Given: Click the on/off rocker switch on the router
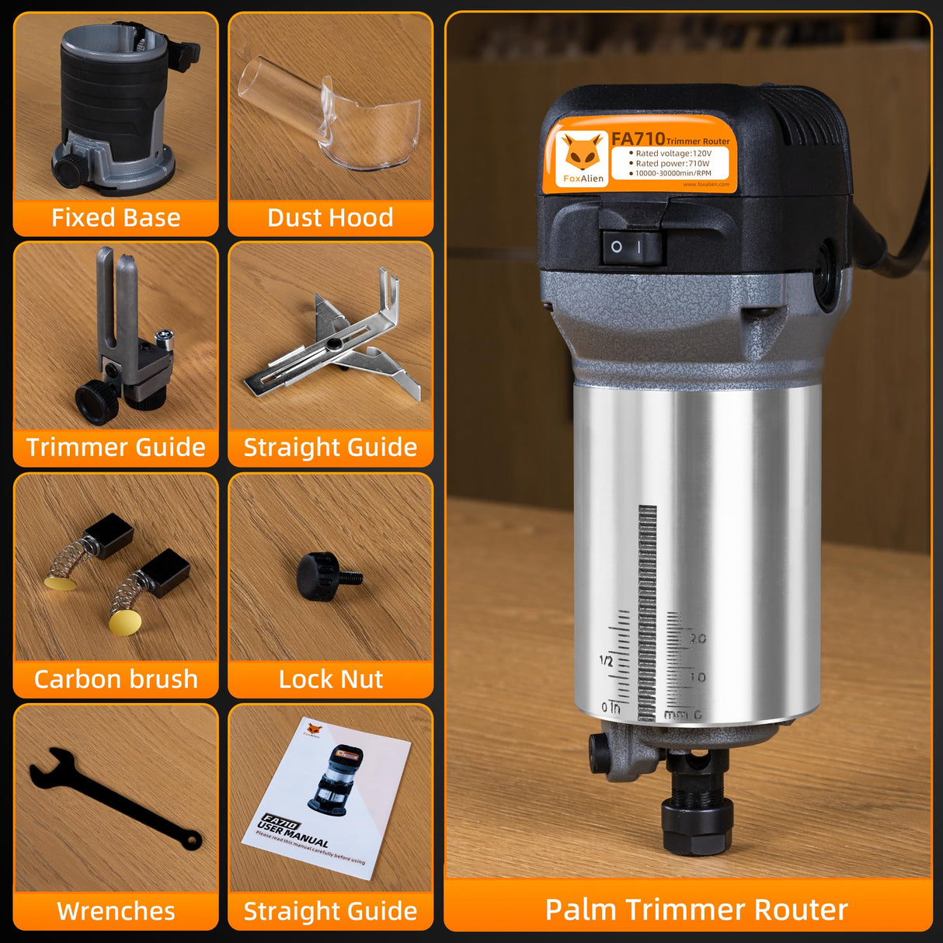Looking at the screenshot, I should point(632,247).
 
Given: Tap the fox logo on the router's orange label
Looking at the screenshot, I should point(582,153).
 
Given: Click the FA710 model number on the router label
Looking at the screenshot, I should point(638,139).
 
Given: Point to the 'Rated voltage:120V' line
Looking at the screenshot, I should point(673,154).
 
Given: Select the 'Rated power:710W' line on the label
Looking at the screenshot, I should point(672,164).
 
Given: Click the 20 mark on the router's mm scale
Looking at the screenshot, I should point(698,639).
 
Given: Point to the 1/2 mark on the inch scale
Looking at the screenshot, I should point(606,661).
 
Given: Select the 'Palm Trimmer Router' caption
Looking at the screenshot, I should point(696,910).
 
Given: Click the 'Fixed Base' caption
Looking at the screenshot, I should point(116,217).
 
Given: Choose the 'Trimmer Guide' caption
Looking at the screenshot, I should point(116,447).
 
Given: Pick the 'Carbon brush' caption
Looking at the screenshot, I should point(116,679).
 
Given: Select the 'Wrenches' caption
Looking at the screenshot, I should point(116,910).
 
